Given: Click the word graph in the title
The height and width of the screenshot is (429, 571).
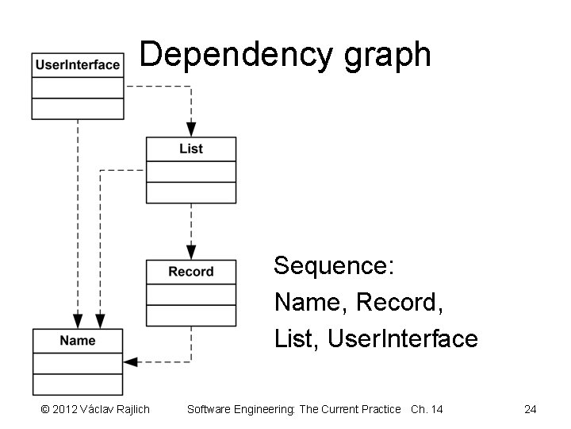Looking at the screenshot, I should (x=386, y=55).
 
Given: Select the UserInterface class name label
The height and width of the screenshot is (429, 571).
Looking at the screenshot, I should (x=78, y=65).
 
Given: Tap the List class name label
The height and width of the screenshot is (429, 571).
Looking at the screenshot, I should (x=191, y=149).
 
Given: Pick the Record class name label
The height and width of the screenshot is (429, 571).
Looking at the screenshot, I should (x=191, y=272).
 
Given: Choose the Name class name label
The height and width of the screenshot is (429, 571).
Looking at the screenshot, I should (x=78, y=341).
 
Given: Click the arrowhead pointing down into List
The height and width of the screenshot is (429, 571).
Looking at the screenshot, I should (x=191, y=129).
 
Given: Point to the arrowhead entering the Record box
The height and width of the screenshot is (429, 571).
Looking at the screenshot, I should (x=191, y=252).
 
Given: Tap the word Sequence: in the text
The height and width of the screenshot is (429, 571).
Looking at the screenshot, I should (x=334, y=265).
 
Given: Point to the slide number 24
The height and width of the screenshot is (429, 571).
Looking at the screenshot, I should (x=531, y=409).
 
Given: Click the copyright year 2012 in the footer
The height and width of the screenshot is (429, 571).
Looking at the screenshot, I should (x=66, y=409).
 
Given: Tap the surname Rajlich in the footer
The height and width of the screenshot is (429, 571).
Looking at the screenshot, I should (x=130, y=409).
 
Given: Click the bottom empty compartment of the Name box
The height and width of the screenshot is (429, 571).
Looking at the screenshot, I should (x=78, y=384).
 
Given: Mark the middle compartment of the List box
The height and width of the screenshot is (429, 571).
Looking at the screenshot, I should (x=191, y=172).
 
